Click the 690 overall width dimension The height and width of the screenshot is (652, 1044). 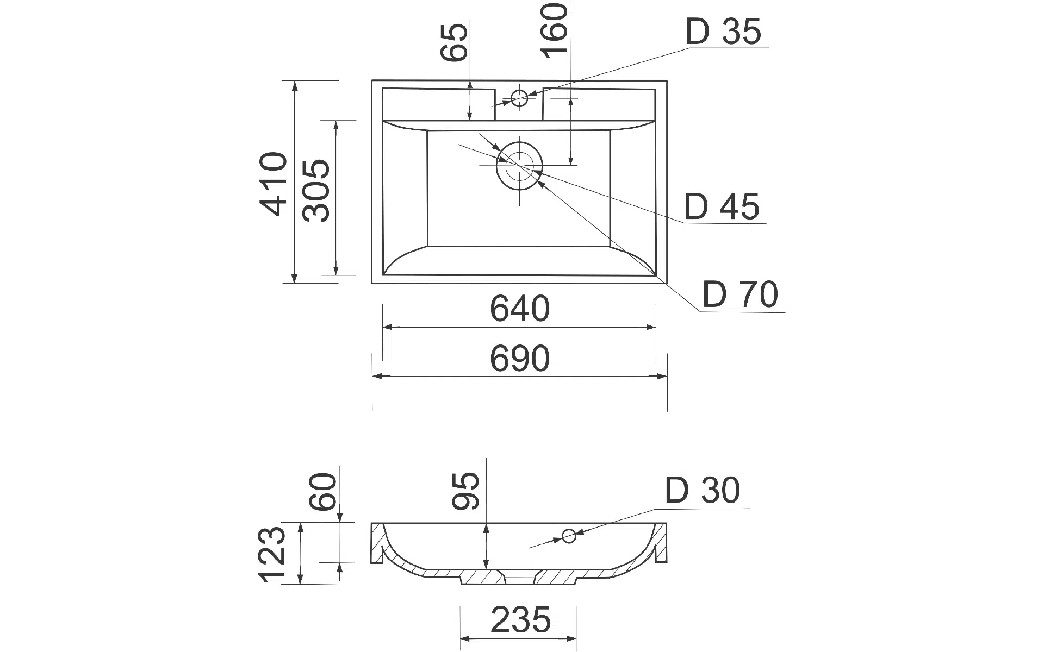(x=520, y=359)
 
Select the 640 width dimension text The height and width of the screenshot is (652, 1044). (x=520, y=309)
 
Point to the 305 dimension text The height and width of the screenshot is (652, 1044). (x=316, y=190)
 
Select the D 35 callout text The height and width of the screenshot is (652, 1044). (x=723, y=32)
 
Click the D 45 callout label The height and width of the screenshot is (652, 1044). (x=722, y=206)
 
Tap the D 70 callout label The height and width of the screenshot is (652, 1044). (x=740, y=294)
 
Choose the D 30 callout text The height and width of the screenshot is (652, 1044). (x=702, y=490)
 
